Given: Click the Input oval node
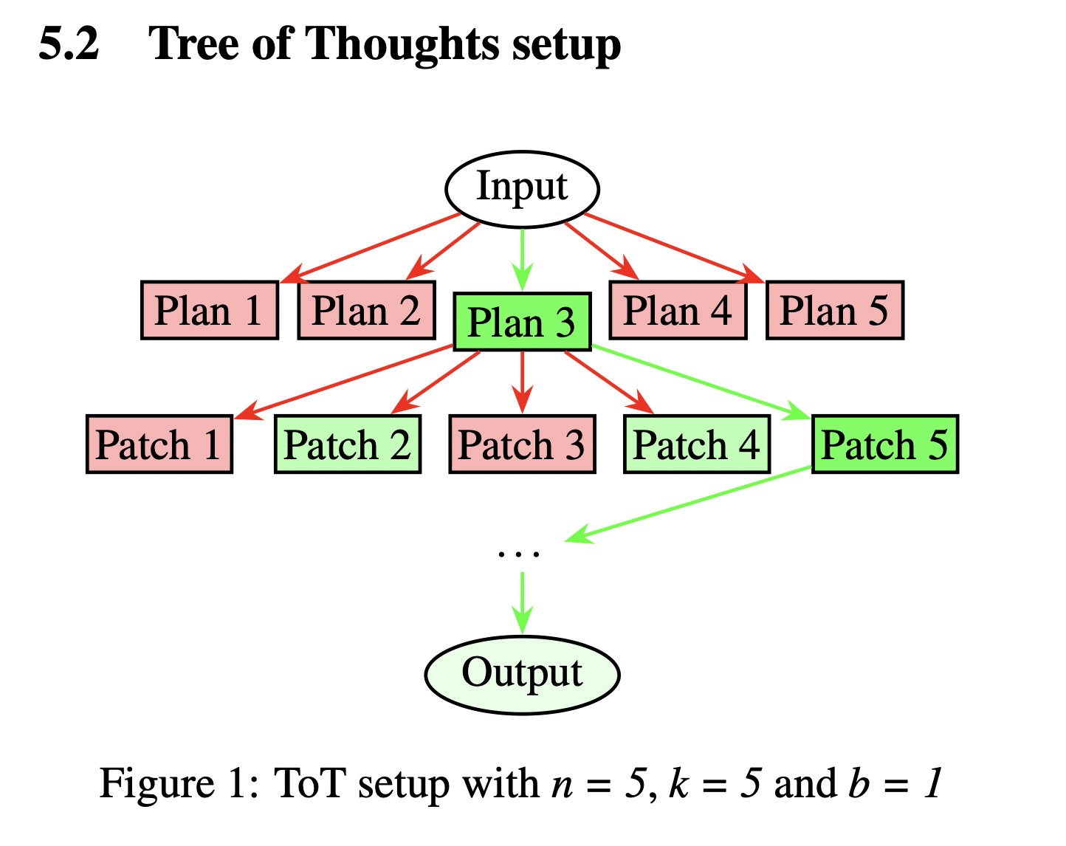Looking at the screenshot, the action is [522, 189].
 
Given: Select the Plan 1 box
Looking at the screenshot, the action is [210, 310].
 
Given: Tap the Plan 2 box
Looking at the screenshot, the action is [367, 310].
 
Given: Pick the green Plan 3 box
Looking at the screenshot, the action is [522, 321].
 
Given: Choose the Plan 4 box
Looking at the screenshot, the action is [678, 310].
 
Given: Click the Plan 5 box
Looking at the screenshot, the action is [835, 310].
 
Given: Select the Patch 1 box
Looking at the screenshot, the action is [159, 444].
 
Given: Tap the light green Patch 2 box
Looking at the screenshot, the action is [348, 444].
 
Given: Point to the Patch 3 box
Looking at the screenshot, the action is [522, 444].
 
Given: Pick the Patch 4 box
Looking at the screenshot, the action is [697, 444].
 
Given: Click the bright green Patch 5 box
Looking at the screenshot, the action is [885, 444].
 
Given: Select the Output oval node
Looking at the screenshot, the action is [522, 675].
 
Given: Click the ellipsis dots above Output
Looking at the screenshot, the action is [519, 554].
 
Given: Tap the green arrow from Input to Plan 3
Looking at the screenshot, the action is [522, 260].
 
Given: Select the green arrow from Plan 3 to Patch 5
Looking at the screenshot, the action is [701, 382].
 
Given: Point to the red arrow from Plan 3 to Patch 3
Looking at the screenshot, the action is [522, 382].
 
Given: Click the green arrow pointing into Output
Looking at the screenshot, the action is [522, 604].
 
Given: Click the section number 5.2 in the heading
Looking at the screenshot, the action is [69, 44].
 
